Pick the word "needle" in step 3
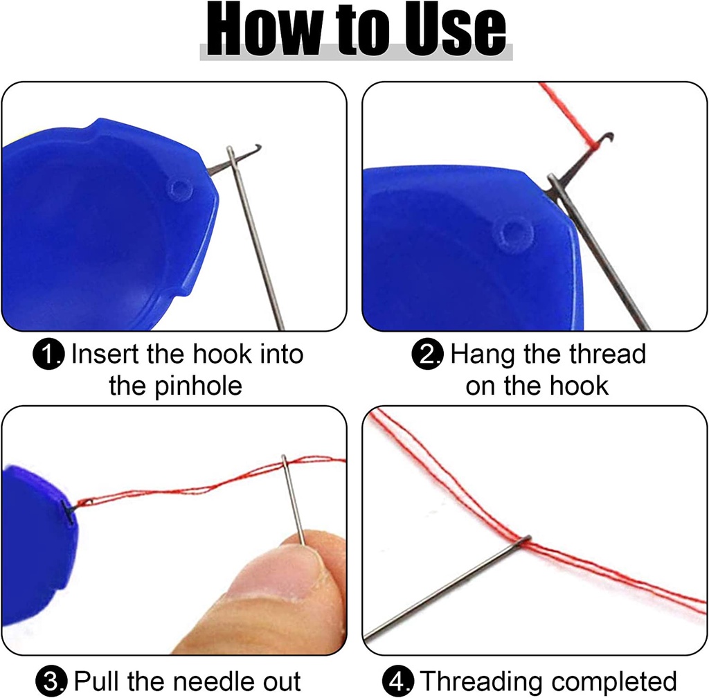coord(212,680)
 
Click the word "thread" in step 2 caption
coord(607,355)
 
